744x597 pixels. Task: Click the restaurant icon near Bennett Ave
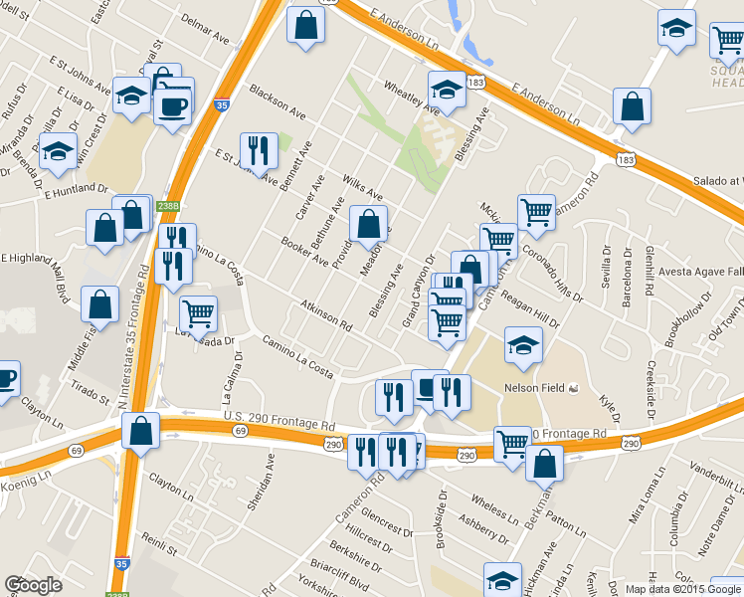point(259,151)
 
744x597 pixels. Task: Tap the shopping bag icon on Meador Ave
point(369,225)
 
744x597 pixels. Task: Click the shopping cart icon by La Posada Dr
point(199,313)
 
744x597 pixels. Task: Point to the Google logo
point(33,584)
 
